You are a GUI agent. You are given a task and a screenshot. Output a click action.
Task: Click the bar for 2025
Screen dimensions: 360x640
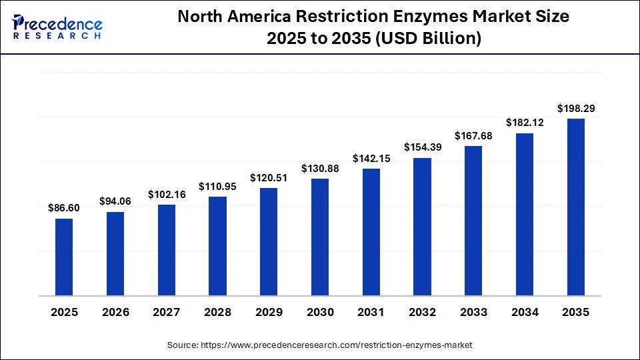64,257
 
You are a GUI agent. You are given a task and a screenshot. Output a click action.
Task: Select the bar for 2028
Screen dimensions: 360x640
217,246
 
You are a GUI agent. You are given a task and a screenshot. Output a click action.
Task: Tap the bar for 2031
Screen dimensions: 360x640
371,232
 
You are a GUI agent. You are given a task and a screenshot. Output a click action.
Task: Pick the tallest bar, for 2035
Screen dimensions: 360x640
576,207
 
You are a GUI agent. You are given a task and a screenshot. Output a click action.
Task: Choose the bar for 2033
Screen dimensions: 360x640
473,221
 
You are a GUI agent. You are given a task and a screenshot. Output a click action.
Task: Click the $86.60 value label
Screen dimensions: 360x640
64,208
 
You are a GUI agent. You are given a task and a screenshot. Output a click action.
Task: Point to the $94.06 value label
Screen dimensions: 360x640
115,201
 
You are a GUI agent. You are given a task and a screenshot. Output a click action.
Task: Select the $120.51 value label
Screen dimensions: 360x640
269,178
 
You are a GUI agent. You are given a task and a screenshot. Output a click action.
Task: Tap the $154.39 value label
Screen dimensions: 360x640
422,147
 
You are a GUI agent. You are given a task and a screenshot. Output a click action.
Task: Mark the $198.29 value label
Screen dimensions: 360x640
576,108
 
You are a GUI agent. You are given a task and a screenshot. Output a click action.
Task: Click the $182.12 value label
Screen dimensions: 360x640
525,123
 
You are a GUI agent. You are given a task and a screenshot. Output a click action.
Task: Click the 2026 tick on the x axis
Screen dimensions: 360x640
115,312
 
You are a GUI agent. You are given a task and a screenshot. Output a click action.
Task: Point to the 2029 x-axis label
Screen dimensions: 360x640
269,312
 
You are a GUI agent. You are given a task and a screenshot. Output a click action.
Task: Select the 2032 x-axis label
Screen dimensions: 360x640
422,312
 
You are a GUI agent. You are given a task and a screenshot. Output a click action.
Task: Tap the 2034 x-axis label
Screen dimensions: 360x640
525,312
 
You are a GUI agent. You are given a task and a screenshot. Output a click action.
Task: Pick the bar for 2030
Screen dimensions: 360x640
320,237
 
